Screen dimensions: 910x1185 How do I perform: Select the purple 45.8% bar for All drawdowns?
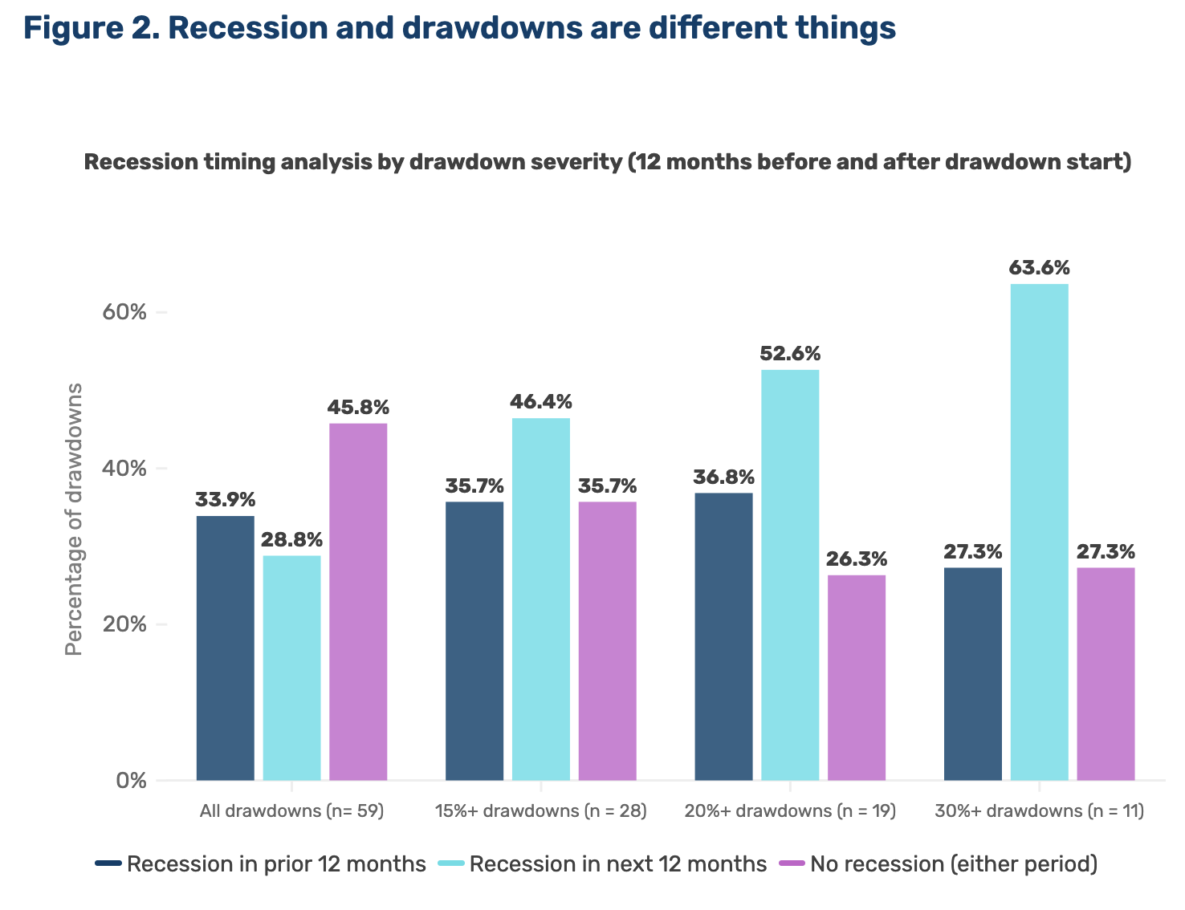click(358, 601)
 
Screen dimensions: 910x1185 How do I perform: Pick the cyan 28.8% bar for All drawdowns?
click(291, 667)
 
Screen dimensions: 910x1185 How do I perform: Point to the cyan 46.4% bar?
click(540, 599)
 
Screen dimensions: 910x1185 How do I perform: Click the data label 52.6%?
click(790, 353)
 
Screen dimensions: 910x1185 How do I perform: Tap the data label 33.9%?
click(226, 500)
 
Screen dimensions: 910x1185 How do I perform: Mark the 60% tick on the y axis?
click(124, 312)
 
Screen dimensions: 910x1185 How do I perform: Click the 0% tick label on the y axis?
click(132, 780)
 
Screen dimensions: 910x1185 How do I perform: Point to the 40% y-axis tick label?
click(124, 468)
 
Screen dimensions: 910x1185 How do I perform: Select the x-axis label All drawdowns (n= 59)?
click(292, 810)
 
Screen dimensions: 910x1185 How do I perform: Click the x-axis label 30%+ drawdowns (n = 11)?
click(1039, 810)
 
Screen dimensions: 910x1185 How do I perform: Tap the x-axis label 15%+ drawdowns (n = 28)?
click(540, 810)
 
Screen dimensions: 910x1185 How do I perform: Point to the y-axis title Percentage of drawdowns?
click(74, 520)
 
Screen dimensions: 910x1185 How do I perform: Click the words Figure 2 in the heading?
click(88, 29)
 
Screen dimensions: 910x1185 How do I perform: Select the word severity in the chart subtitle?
click(574, 162)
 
